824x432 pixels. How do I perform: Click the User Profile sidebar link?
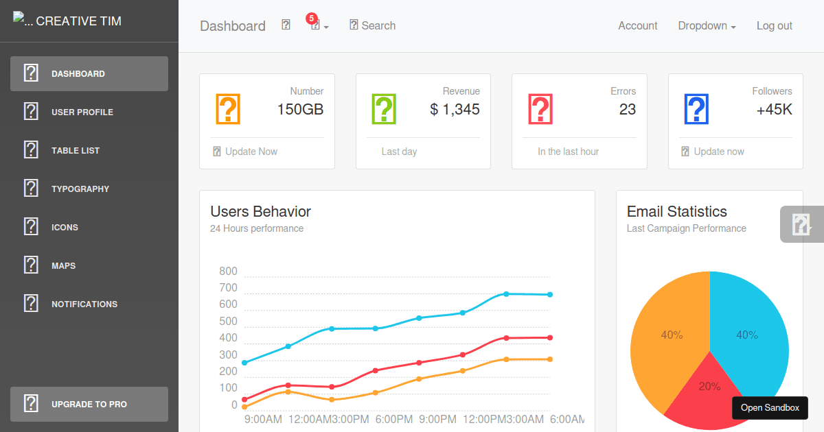point(82,112)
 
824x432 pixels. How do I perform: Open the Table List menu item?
point(76,150)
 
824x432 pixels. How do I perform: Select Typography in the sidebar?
point(80,189)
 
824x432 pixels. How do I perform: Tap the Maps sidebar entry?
point(63,265)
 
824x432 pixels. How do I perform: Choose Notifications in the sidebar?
point(84,304)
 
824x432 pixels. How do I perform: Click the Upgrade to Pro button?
point(89,404)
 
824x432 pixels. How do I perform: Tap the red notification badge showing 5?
point(311,18)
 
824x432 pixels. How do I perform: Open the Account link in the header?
point(637,25)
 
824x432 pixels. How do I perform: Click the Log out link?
point(774,25)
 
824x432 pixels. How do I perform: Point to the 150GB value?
point(300,109)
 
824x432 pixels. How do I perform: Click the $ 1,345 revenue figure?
point(455,109)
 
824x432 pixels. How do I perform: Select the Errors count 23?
point(628,109)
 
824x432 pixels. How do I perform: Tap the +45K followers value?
point(774,109)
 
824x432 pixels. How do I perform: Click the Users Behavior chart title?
point(260,211)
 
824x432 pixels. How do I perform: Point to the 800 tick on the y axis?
point(228,271)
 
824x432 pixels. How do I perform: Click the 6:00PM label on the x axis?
point(393,419)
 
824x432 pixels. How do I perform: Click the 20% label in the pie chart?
point(709,386)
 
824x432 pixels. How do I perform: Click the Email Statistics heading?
point(676,211)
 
